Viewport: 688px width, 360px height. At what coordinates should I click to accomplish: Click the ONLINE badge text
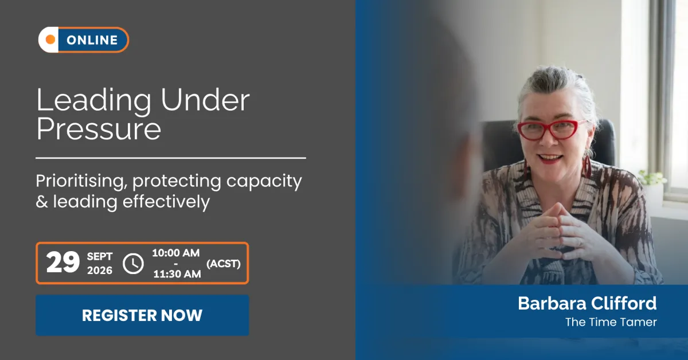pyautogui.click(x=92, y=40)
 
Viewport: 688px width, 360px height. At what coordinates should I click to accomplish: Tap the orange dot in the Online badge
pyautogui.click(x=50, y=40)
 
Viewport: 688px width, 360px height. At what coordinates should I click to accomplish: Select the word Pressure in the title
pyautogui.click(x=99, y=129)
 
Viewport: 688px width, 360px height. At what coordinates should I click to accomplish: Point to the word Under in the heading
pyautogui.click(x=205, y=100)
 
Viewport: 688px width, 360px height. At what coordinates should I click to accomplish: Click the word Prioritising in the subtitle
pyautogui.click(x=81, y=181)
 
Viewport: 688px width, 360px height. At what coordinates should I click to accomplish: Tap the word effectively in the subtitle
pyautogui.click(x=166, y=202)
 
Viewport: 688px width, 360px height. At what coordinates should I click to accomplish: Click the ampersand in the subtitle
pyautogui.click(x=42, y=202)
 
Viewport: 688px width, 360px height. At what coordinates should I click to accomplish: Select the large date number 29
pyautogui.click(x=63, y=263)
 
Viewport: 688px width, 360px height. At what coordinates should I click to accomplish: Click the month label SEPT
pyautogui.click(x=100, y=256)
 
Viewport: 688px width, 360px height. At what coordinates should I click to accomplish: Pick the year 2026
pyautogui.click(x=100, y=271)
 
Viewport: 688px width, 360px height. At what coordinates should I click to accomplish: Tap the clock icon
pyautogui.click(x=133, y=264)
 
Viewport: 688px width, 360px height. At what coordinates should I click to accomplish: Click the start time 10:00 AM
pyautogui.click(x=176, y=253)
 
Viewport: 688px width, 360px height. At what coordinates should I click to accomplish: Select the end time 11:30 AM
pyautogui.click(x=177, y=274)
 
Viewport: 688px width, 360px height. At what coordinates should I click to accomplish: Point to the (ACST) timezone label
pyautogui.click(x=223, y=264)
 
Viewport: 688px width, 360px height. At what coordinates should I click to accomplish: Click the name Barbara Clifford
pyautogui.click(x=587, y=303)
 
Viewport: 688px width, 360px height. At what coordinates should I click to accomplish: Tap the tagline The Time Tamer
pyautogui.click(x=611, y=322)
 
